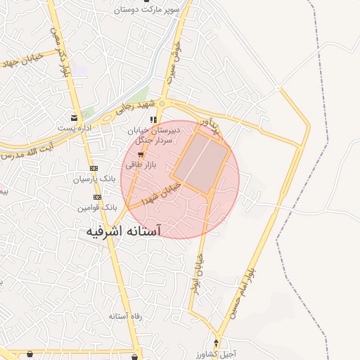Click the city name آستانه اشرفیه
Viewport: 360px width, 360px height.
pyautogui.click(x=124, y=231)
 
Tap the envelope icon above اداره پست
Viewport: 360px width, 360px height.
pyautogui.click(x=75, y=117)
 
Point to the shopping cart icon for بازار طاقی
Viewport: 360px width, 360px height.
pyautogui.click(x=140, y=155)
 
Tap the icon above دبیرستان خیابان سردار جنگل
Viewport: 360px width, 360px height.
pyautogui.click(x=153, y=120)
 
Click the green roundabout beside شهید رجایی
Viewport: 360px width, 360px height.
pyautogui.click(x=162, y=103)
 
